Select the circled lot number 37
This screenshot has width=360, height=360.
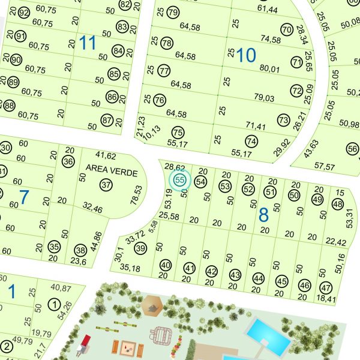click(106, 184)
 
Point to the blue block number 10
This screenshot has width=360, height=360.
click(246, 56)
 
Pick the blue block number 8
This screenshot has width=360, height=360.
click(263, 215)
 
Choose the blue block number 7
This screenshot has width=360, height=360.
click(24, 197)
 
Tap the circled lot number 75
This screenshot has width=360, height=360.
click(177, 132)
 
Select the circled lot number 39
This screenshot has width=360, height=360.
click(141, 248)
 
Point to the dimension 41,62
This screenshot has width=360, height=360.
click(106, 156)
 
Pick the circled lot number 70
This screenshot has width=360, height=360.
click(286, 29)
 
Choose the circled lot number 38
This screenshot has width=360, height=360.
click(80, 250)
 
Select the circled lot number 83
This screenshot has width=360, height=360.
click(122, 26)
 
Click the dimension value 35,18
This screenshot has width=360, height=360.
click(130, 268)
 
